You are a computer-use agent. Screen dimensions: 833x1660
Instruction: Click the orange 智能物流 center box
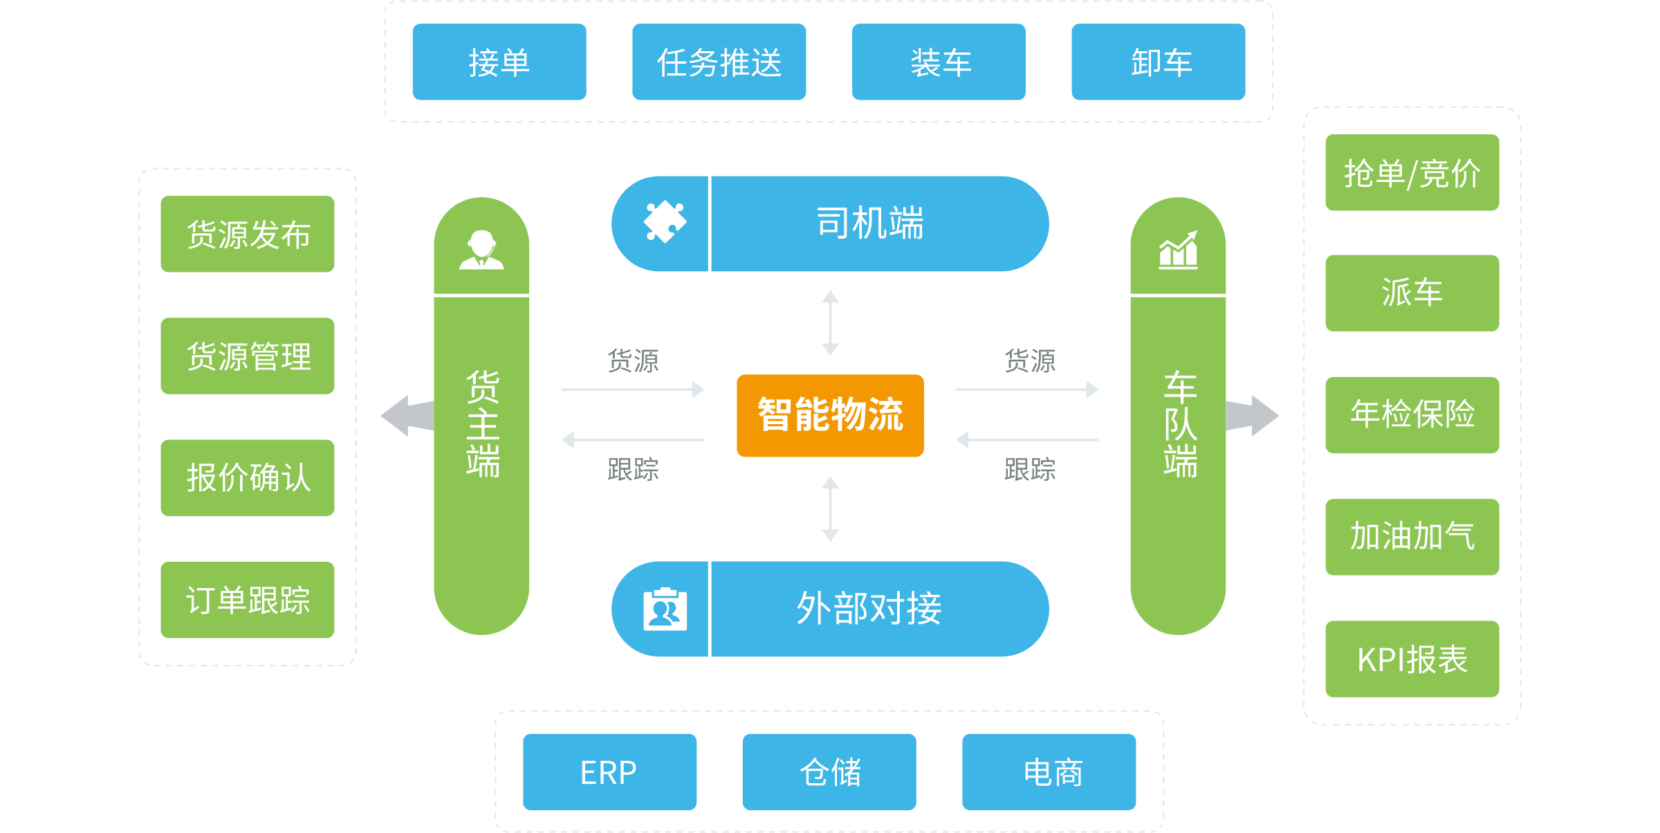click(x=830, y=415)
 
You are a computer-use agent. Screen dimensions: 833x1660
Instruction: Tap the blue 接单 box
click(x=499, y=62)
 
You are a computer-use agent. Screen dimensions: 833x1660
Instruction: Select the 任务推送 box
click(x=719, y=62)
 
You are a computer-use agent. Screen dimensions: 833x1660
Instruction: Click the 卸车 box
click(x=1158, y=62)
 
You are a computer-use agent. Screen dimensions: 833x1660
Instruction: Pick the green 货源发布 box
click(x=248, y=234)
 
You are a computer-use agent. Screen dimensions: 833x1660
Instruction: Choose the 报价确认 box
click(x=248, y=477)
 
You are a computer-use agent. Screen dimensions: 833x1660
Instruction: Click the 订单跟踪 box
click(x=248, y=599)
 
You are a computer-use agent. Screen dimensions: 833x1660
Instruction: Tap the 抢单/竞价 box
click(x=1412, y=172)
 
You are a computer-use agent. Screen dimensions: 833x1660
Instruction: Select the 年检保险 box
click(x=1412, y=414)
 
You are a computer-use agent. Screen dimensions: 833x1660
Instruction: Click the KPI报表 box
click(x=1412, y=659)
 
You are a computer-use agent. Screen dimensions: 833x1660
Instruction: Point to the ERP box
click(x=609, y=771)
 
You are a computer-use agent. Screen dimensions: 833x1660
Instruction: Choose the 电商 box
click(x=1049, y=771)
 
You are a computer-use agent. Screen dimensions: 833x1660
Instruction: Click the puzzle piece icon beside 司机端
click(x=665, y=222)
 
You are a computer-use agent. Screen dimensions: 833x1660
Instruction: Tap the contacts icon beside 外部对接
click(x=665, y=609)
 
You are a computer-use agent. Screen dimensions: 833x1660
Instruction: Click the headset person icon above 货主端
click(x=481, y=250)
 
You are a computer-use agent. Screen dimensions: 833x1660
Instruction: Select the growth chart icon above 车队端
click(x=1178, y=250)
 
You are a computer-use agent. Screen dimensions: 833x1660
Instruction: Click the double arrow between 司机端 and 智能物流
click(x=830, y=322)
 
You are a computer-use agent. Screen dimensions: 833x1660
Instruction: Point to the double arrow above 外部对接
click(x=830, y=509)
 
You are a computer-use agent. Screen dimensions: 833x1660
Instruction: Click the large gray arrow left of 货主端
click(x=408, y=415)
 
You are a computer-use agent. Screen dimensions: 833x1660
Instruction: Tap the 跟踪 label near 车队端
click(x=1030, y=469)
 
